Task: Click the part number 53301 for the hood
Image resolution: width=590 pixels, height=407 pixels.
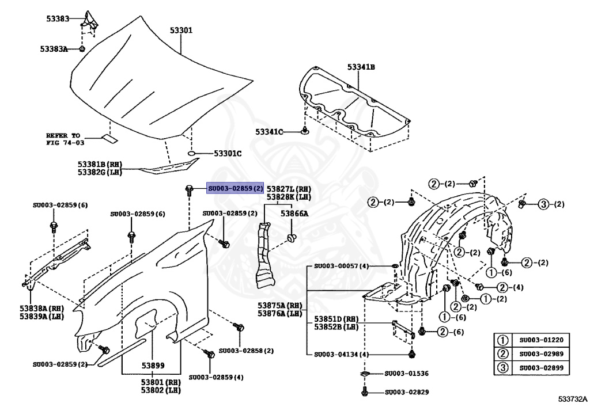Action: pyautogui.click(x=181, y=31)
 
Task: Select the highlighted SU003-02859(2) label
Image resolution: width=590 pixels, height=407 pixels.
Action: pyautogui.click(x=236, y=188)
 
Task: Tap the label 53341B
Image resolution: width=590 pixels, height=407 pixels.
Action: pyautogui.click(x=361, y=67)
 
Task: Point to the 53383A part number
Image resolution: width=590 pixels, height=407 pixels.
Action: pyautogui.click(x=54, y=50)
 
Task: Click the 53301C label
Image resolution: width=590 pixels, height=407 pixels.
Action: pyautogui.click(x=228, y=154)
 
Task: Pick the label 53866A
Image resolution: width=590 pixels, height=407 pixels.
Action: pyautogui.click(x=294, y=213)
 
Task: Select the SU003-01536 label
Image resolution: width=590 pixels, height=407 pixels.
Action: pyautogui.click(x=406, y=374)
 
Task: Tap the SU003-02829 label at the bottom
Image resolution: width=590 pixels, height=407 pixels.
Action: pyautogui.click(x=406, y=392)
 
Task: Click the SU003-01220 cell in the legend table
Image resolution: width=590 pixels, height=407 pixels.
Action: pyautogui.click(x=541, y=340)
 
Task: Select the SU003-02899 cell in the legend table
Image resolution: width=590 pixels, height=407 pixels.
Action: pyautogui.click(x=541, y=368)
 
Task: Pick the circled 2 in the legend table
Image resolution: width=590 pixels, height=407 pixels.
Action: pyautogui.click(x=502, y=354)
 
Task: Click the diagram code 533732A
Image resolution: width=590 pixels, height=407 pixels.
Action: pyautogui.click(x=572, y=398)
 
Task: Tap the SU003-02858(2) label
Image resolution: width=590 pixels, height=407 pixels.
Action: pyautogui.click(x=246, y=351)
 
